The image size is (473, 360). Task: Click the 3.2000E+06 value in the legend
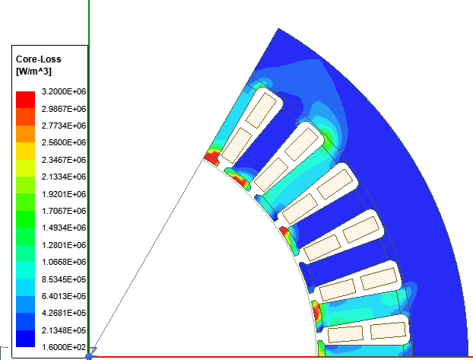[x=64, y=91]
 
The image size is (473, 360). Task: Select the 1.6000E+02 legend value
[x=64, y=347]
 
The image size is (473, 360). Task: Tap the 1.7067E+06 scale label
[x=64, y=211]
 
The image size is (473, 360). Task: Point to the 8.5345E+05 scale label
[x=64, y=279]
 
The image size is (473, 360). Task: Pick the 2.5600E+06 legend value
[x=64, y=142]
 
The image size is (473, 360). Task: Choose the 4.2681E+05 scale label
[x=64, y=313]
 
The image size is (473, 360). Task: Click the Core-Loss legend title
[x=38, y=59]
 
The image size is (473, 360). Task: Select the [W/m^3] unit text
[x=33, y=72]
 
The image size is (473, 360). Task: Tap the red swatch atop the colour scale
[x=25, y=100]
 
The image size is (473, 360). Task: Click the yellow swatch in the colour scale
[x=25, y=151]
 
